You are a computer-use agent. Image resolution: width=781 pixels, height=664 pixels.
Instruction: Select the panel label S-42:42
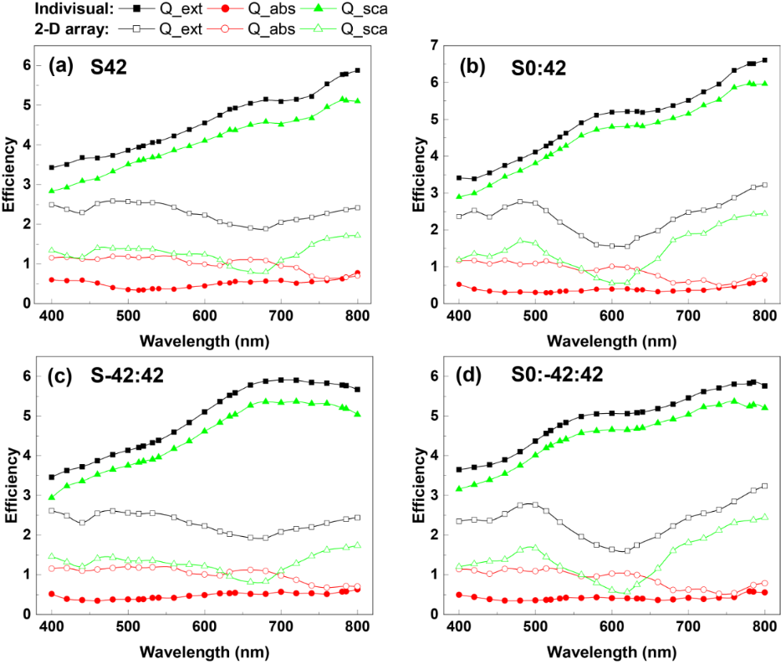pos(126,380)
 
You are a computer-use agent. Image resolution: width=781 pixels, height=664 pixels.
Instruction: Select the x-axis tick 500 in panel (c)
pos(128,626)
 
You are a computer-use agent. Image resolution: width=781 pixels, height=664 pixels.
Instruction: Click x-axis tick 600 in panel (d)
pos(611,626)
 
